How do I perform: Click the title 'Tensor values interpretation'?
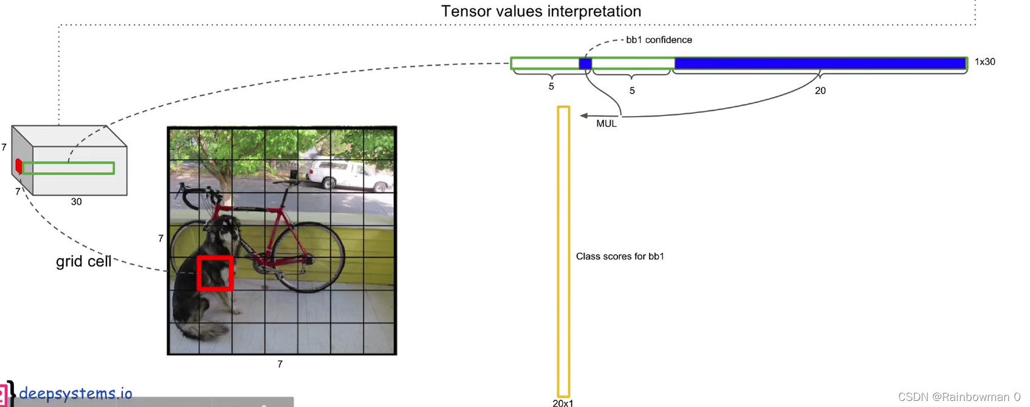[x=541, y=12]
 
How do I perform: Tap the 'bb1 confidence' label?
[x=659, y=40]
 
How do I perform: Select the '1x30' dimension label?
[x=984, y=62]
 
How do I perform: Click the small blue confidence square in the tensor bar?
[x=585, y=63]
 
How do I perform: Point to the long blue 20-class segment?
[x=820, y=63]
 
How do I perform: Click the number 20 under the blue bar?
[x=820, y=91]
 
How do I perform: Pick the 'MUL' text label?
[x=606, y=124]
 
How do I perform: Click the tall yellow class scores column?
[x=563, y=251]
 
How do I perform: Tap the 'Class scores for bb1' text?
[x=620, y=256]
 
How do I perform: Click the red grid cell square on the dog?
[x=215, y=273]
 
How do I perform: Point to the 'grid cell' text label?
[x=84, y=262]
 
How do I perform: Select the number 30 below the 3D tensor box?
[x=76, y=202]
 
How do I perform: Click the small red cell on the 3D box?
[x=19, y=166]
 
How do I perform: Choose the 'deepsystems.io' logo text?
[x=75, y=394]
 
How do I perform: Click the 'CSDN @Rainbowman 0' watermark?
[x=959, y=397]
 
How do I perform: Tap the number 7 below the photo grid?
[x=280, y=364]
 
